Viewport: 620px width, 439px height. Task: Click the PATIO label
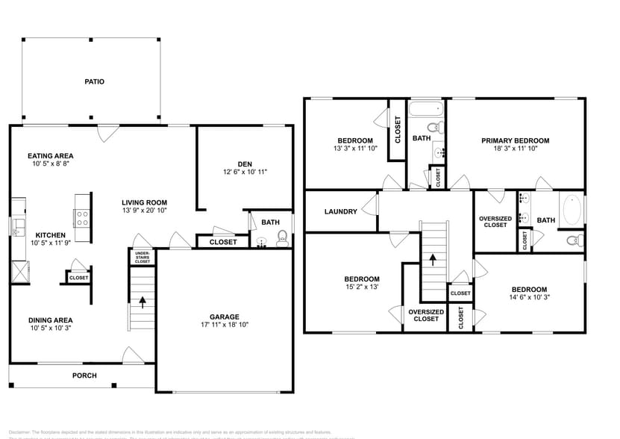(x=93, y=81)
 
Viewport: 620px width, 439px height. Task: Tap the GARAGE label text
(x=224, y=315)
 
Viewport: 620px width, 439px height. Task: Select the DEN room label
(x=245, y=164)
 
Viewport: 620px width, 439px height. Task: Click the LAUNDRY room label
(x=340, y=211)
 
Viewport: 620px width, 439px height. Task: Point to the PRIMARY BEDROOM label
(x=515, y=140)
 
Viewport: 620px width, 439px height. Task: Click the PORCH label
(x=84, y=375)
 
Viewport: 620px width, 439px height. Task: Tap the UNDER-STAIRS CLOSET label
(x=142, y=258)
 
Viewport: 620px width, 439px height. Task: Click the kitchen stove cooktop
(x=82, y=217)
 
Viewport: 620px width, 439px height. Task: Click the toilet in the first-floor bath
(x=283, y=237)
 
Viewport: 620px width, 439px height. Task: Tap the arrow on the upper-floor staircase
(x=432, y=260)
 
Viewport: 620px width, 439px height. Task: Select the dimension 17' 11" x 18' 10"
(x=224, y=325)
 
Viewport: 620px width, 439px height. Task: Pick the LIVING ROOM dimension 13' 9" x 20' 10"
(x=145, y=211)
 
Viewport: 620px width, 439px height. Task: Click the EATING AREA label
(x=51, y=156)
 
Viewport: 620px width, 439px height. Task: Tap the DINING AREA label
(x=51, y=320)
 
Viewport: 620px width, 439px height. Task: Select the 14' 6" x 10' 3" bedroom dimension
(x=528, y=298)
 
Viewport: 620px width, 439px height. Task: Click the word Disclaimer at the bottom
(x=20, y=432)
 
